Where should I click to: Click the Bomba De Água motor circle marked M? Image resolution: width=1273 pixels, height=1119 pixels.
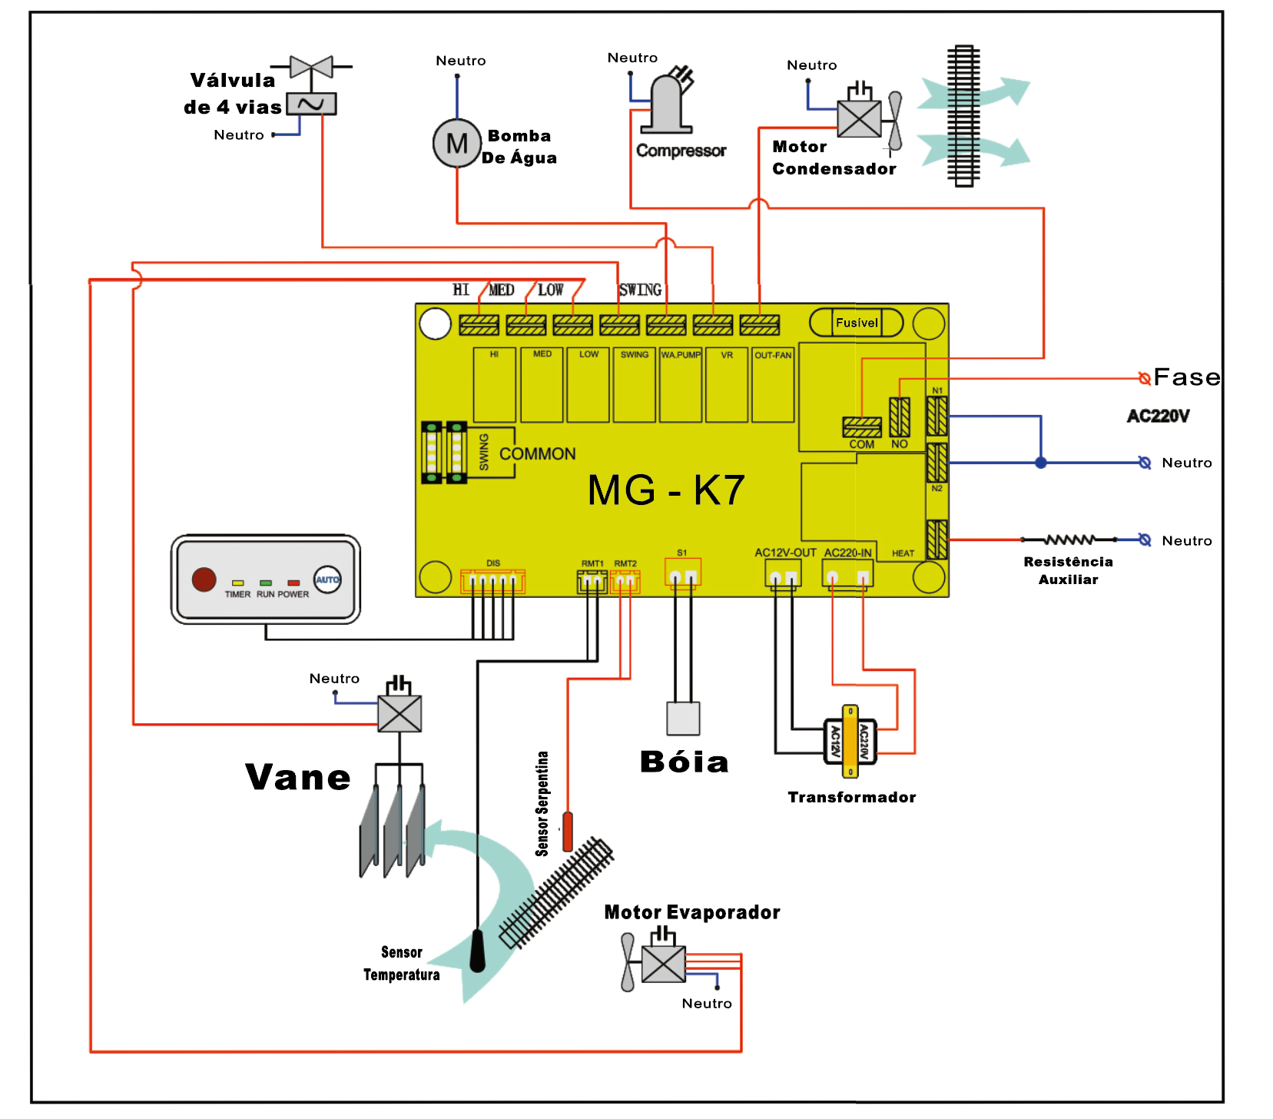pyautogui.click(x=457, y=143)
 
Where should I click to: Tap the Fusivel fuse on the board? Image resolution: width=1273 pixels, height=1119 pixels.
pyautogui.click(x=856, y=323)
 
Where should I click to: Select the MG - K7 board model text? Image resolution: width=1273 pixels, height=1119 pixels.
pyautogui.click(x=665, y=490)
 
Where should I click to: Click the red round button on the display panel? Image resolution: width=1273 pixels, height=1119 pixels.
pyautogui.click(x=204, y=579)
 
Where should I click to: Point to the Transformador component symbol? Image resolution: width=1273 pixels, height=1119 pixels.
pyautogui.click(x=850, y=742)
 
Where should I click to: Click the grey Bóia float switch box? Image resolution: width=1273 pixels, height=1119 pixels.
pyautogui.click(x=683, y=719)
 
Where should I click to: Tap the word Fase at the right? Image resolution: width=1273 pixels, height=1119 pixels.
pyautogui.click(x=1186, y=377)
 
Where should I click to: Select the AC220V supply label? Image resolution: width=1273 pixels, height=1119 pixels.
pyautogui.click(x=1158, y=417)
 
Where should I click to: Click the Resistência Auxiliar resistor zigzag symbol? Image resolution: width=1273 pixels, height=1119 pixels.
pyautogui.click(x=1069, y=540)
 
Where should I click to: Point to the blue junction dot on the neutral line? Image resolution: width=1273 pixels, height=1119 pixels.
pyautogui.click(x=1041, y=463)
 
